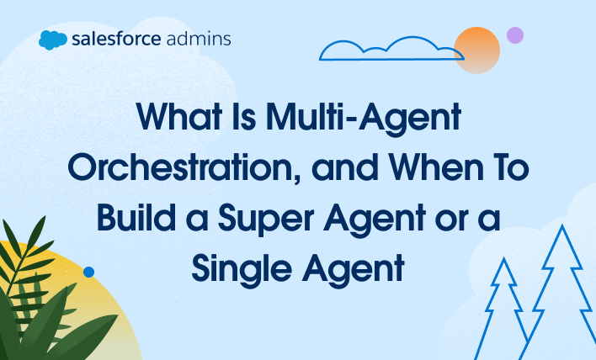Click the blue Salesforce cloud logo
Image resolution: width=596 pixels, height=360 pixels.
coord(53,40)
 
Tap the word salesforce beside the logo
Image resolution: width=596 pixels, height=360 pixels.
coord(116,39)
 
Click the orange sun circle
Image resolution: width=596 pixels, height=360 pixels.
coord(476,50)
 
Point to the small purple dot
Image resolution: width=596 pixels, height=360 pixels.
coord(515,35)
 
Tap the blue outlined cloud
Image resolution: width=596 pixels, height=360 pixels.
coord(391,49)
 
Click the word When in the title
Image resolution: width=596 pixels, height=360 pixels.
coord(436,167)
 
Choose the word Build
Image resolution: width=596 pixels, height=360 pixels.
coord(136,217)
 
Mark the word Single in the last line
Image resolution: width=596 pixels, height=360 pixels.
coord(242,270)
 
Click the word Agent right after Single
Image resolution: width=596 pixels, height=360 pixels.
coord(353,270)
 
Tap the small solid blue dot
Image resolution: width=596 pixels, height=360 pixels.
coord(88,272)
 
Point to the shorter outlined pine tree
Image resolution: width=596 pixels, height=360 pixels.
coord(503,309)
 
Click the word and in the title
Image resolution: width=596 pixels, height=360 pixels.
coord(345,167)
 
